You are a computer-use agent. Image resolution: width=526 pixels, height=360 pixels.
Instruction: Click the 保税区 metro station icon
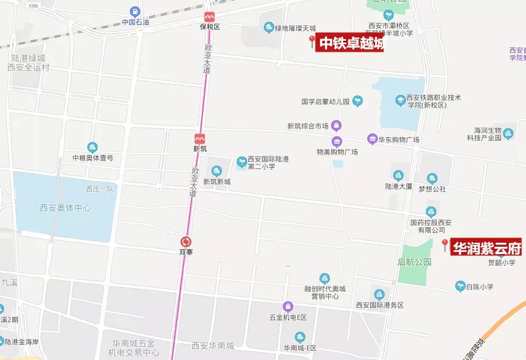[209, 17]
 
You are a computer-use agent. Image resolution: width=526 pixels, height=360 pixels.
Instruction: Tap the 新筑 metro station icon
[199, 139]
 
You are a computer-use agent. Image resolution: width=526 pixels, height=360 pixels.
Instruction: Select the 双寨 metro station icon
[186, 242]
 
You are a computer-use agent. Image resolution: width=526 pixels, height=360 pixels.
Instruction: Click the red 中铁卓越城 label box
[350, 43]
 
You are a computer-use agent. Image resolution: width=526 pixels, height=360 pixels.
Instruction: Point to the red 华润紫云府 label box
[486, 248]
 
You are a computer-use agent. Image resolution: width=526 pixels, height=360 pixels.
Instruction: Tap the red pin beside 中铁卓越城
[312, 41]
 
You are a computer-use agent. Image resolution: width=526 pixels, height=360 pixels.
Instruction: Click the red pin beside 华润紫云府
[444, 245]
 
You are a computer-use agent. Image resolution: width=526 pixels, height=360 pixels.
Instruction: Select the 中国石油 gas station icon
[135, 12]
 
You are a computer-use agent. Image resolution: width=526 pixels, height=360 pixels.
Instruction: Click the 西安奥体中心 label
[65, 208]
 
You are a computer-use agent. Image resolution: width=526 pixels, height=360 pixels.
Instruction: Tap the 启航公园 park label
[414, 262]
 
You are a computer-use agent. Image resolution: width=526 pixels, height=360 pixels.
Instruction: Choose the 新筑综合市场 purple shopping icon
[336, 125]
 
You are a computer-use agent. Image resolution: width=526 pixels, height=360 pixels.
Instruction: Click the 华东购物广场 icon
[372, 139]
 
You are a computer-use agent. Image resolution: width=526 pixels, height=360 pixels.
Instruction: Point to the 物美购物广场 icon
[337, 141]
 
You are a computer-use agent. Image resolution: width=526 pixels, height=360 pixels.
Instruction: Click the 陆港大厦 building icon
[398, 176]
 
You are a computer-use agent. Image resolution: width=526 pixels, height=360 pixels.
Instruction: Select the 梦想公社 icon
[432, 179]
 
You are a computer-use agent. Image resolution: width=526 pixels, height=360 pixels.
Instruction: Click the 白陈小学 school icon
[460, 286]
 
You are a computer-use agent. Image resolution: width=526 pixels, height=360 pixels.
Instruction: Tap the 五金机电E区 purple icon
[288, 307]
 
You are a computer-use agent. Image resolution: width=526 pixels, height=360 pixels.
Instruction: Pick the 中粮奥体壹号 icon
[93, 148]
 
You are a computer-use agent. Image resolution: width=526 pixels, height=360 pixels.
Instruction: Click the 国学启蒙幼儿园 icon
[358, 101]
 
